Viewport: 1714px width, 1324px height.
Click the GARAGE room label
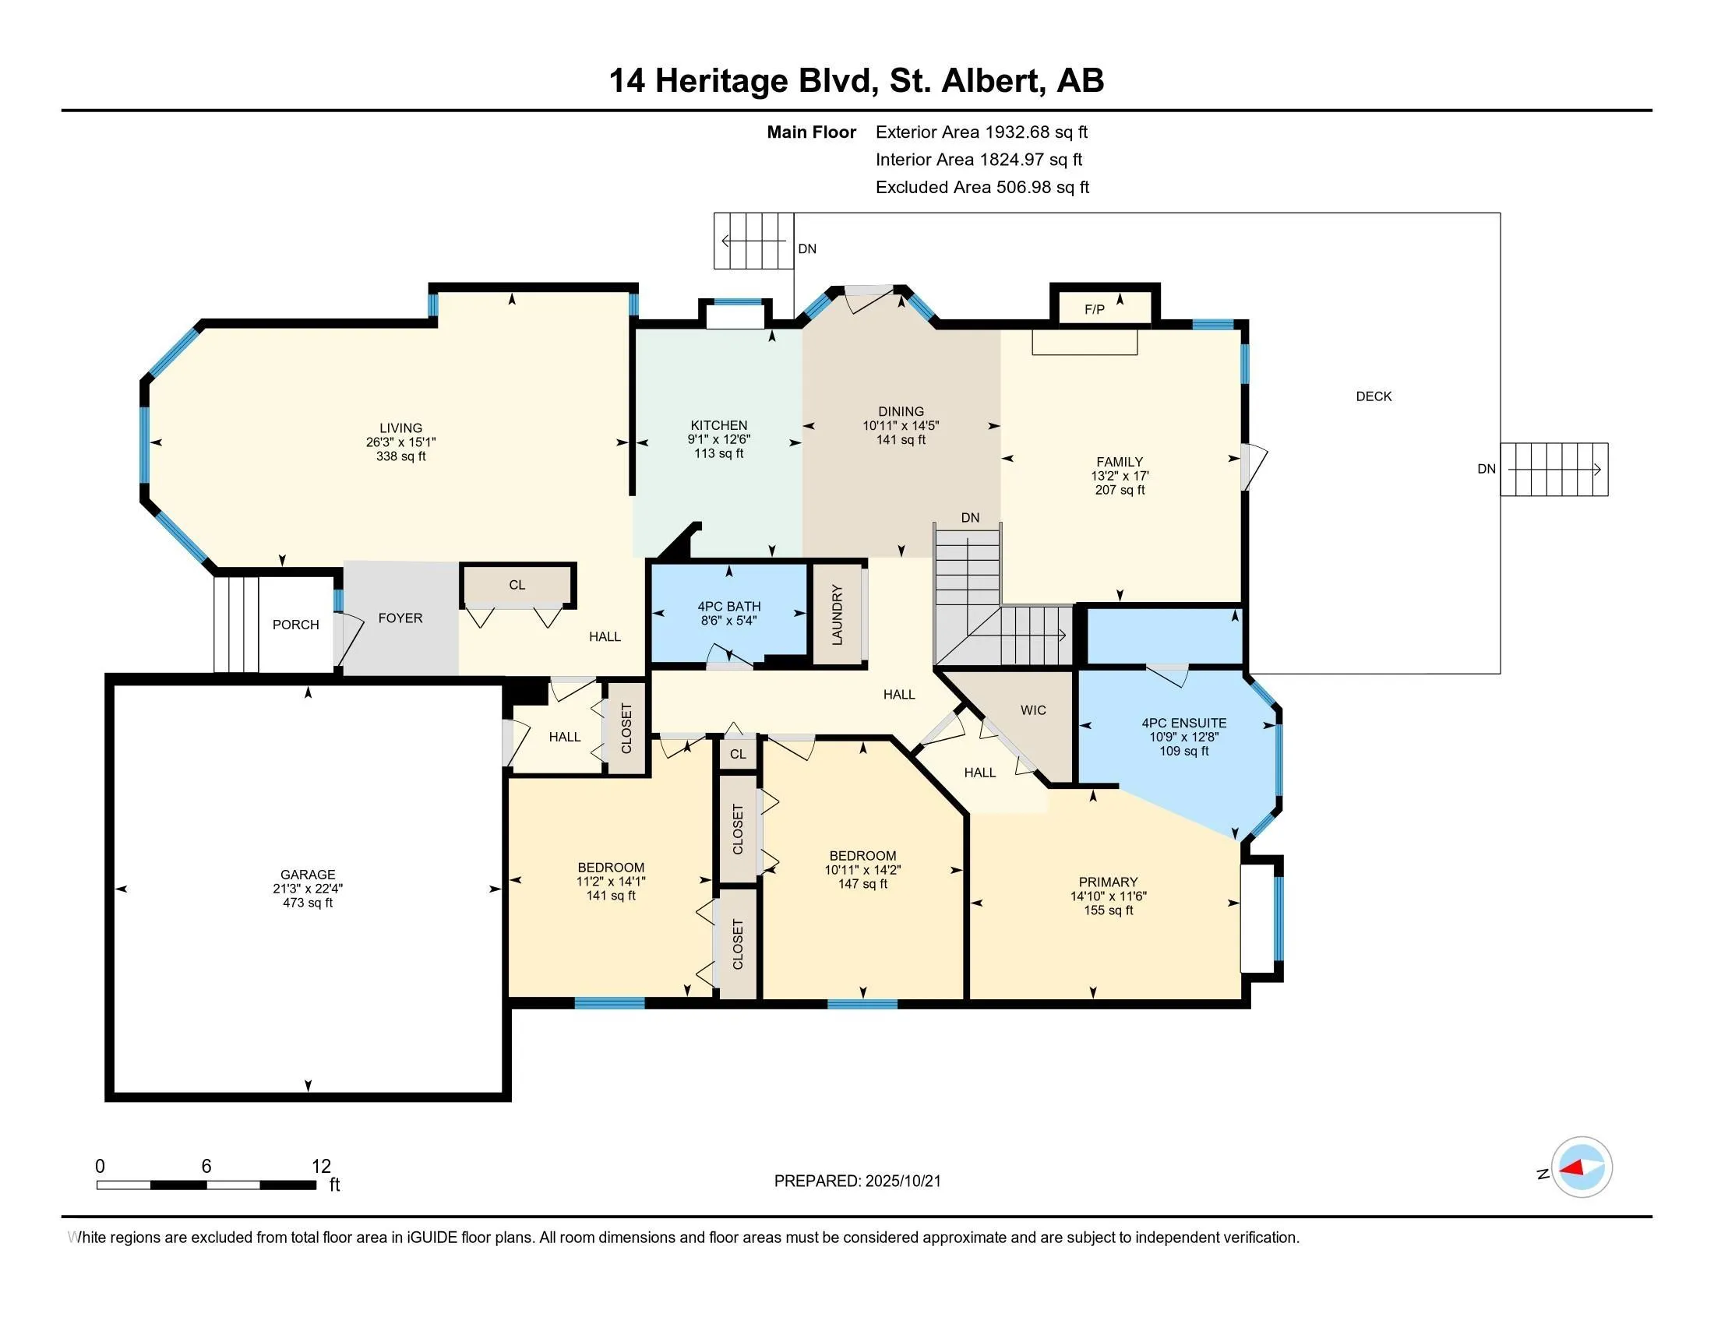pyautogui.click(x=308, y=874)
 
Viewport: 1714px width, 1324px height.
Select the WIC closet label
pyautogui.click(x=1033, y=710)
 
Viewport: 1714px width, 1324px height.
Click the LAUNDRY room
pyautogui.click(x=838, y=615)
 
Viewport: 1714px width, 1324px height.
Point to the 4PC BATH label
pyautogui.click(x=729, y=606)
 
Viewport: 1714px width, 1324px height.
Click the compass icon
pyautogui.click(x=1582, y=1167)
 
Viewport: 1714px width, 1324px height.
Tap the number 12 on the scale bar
pyautogui.click(x=321, y=1167)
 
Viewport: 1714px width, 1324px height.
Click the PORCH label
pyautogui.click(x=295, y=625)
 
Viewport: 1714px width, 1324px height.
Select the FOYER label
pyautogui.click(x=400, y=618)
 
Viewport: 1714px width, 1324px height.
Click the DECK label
pyautogui.click(x=1374, y=396)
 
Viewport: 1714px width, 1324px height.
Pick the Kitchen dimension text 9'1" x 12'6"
pyautogui.click(x=719, y=439)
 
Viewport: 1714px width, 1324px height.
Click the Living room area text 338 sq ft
pyautogui.click(x=400, y=456)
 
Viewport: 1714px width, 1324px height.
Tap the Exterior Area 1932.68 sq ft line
pyautogui.click(x=981, y=132)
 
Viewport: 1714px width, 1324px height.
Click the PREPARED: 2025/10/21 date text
pyautogui.click(x=857, y=1181)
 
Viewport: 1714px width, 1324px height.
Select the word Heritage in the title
pyautogui.click(x=721, y=81)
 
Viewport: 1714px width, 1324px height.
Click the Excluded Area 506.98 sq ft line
pyautogui.click(x=982, y=187)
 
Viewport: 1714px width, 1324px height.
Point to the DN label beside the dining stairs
pyautogui.click(x=970, y=518)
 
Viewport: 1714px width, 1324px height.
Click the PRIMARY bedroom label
pyautogui.click(x=1107, y=882)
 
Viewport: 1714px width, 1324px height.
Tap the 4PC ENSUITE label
pyautogui.click(x=1183, y=724)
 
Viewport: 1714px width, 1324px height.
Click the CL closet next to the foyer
pyautogui.click(x=517, y=585)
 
